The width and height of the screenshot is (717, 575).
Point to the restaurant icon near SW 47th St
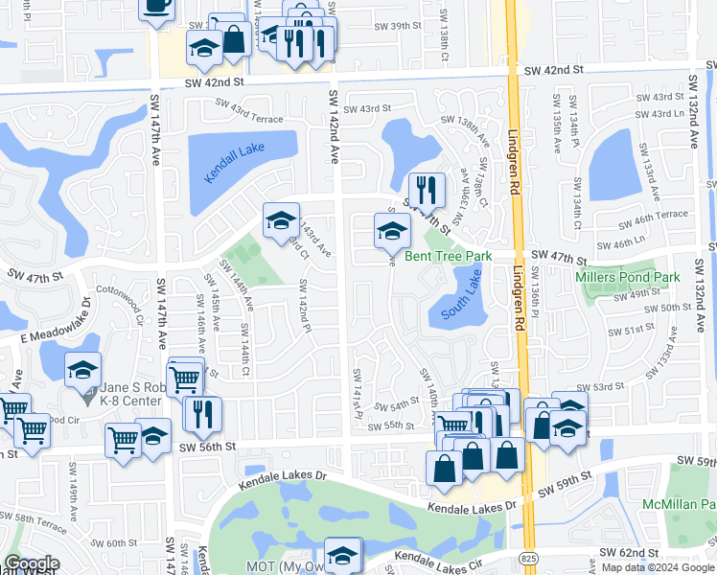(426, 189)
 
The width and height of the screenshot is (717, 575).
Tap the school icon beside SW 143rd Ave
(280, 220)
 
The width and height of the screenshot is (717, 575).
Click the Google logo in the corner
(32, 563)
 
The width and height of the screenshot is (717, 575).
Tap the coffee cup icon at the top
(156, 6)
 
